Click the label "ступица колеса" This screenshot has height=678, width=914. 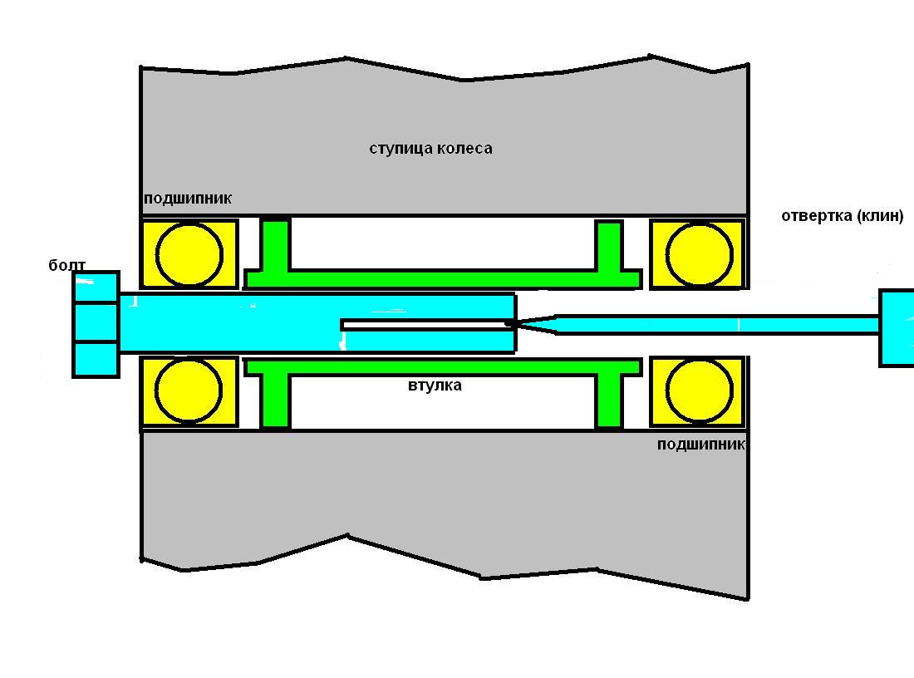pyautogui.click(x=430, y=149)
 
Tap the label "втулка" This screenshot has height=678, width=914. pyautogui.click(x=435, y=386)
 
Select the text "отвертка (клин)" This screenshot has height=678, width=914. pyautogui.click(x=842, y=216)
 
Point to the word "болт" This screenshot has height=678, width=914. pyautogui.click(x=67, y=266)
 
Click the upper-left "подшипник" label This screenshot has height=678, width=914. pyautogui.click(x=188, y=199)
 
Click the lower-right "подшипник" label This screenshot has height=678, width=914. pyautogui.click(x=700, y=445)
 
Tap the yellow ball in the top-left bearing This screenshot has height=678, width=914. pyautogui.click(x=190, y=254)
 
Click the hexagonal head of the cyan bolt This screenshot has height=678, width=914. pyautogui.click(x=96, y=324)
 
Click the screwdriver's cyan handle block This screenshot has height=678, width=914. pyautogui.click(x=897, y=327)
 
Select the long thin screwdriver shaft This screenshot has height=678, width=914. pyautogui.click(x=715, y=324)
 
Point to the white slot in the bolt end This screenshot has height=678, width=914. pyautogui.click(x=424, y=325)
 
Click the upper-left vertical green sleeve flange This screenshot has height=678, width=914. pyautogui.click(x=276, y=244)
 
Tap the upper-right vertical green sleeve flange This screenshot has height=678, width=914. pyautogui.click(x=609, y=246)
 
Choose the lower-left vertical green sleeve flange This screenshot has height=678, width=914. pyautogui.click(x=276, y=400)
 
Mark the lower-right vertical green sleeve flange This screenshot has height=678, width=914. pyautogui.click(x=609, y=400)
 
